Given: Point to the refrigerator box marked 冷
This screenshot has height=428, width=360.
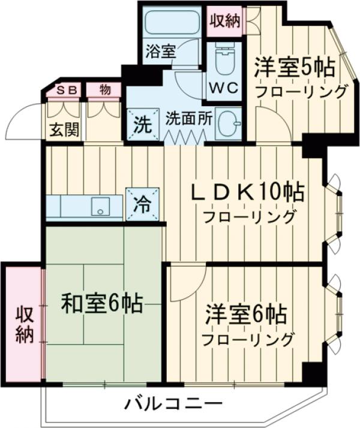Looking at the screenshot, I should click(143, 204).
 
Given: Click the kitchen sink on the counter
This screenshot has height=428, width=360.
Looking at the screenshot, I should click(99, 207).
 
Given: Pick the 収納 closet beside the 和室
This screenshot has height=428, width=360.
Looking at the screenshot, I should click(23, 324).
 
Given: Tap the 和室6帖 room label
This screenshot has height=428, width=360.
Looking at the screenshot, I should click(102, 305).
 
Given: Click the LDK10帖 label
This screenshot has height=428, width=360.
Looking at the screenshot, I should click(247, 193).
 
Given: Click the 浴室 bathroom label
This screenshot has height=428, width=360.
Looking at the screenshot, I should click(161, 50).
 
